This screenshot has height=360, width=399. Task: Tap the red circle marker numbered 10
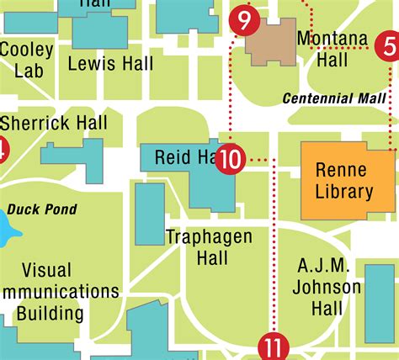click(x=231, y=157)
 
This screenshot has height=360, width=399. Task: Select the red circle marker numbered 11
click(x=274, y=347)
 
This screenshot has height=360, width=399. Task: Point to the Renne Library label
click(x=344, y=181)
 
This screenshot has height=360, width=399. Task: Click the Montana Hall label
click(x=333, y=49)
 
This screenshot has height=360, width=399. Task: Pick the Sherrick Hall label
click(x=58, y=124)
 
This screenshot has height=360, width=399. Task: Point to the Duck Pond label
click(x=42, y=209)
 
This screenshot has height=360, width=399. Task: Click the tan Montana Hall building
click(x=271, y=41)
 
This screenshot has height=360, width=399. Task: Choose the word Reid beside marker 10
click(x=172, y=157)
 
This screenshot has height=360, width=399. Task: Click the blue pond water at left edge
click(x=4, y=227)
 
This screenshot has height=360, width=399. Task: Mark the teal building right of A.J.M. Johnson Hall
click(x=379, y=303)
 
